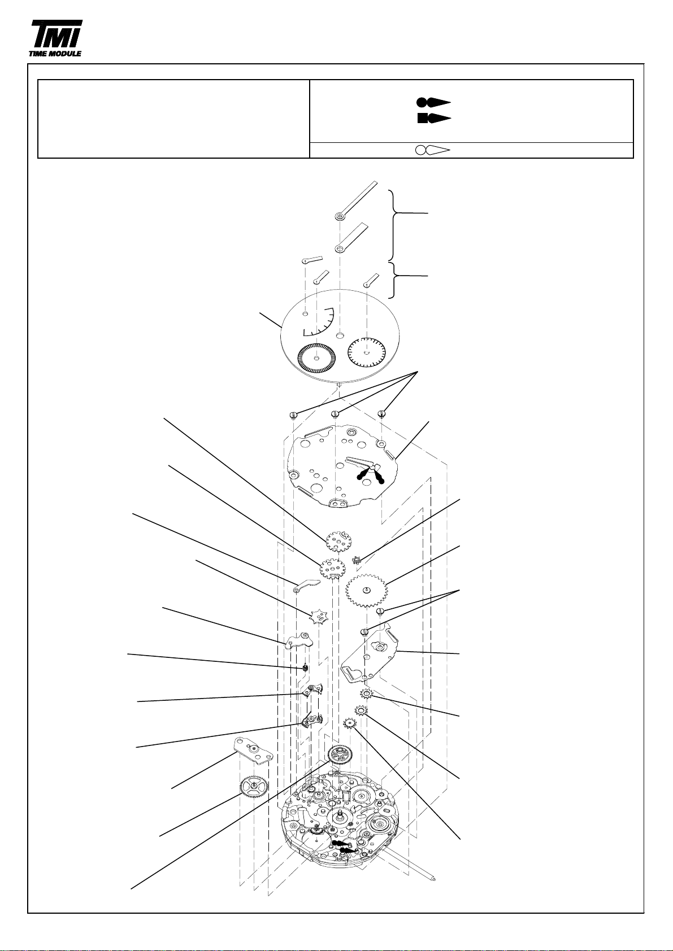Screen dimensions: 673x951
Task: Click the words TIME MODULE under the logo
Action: click(55, 54)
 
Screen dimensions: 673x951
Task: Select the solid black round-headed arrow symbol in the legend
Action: click(433, 102)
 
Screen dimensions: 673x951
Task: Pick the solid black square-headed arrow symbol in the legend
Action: click(434, 119)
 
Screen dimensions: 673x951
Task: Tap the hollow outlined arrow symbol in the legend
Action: click(432, 150)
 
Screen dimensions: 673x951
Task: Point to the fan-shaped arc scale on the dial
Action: click(319, 322)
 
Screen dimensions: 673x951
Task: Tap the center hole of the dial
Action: click(340, 336)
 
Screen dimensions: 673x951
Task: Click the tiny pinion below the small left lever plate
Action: click(306, 669)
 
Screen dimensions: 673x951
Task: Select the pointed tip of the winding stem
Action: click(433, 875)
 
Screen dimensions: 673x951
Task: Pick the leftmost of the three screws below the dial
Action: click(293, 415)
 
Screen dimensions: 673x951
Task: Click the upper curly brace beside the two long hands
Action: click(396, 225)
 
